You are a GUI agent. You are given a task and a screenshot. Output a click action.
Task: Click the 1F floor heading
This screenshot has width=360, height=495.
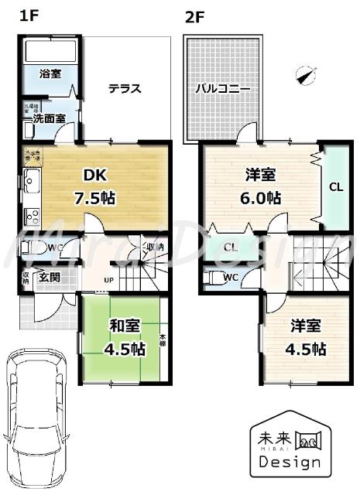point(28,16)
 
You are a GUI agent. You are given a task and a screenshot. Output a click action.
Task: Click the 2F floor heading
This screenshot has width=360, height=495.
point(194,16)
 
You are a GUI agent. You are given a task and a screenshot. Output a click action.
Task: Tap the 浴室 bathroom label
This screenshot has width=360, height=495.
point(50,73)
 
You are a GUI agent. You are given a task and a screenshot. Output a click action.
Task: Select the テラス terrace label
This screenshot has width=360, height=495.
point(124,87)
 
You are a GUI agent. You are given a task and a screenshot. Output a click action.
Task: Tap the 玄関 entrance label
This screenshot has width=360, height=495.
point(50,277)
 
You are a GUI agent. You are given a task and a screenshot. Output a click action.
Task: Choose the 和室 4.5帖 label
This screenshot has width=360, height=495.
point(125,337)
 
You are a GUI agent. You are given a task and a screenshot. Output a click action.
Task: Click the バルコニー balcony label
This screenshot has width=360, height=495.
point(222,88)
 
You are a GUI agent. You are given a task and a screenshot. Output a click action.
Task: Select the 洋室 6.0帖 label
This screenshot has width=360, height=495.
point(259,186)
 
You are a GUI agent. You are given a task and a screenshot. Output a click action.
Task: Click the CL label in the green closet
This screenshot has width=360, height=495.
point(335,186)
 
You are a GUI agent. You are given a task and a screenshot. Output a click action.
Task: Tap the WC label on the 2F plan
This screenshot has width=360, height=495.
point(230,277)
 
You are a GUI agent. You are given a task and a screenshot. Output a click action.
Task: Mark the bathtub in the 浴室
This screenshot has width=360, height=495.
point(50,52)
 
